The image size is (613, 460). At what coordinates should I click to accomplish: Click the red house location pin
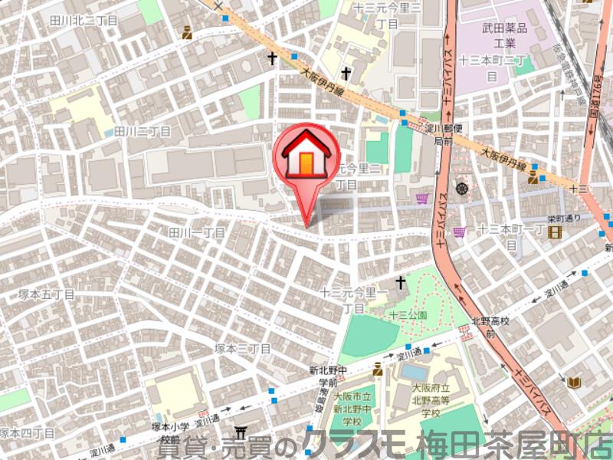click(x=306, y=158)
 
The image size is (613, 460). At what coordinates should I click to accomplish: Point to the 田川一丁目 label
click(x=197, y=232)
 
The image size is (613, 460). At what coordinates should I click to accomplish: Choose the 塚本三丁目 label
click(x=242, y=348)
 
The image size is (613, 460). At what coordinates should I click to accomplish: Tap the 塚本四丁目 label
click(x=28, y=433)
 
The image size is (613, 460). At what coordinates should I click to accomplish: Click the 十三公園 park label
click(x=408, y=315)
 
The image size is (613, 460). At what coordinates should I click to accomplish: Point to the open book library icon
click(x=574, y=381)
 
